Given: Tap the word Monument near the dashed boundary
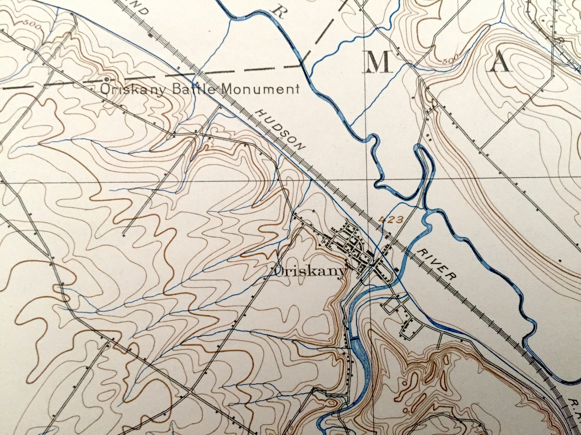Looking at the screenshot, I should click(x=261, y=89).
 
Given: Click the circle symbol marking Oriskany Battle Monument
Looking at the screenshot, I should click(x=106, y=79).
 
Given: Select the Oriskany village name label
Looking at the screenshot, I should click(x=309, y=271).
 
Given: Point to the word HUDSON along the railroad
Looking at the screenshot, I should click(x=280, y=130).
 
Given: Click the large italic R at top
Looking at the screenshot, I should click(x=280, y=12).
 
